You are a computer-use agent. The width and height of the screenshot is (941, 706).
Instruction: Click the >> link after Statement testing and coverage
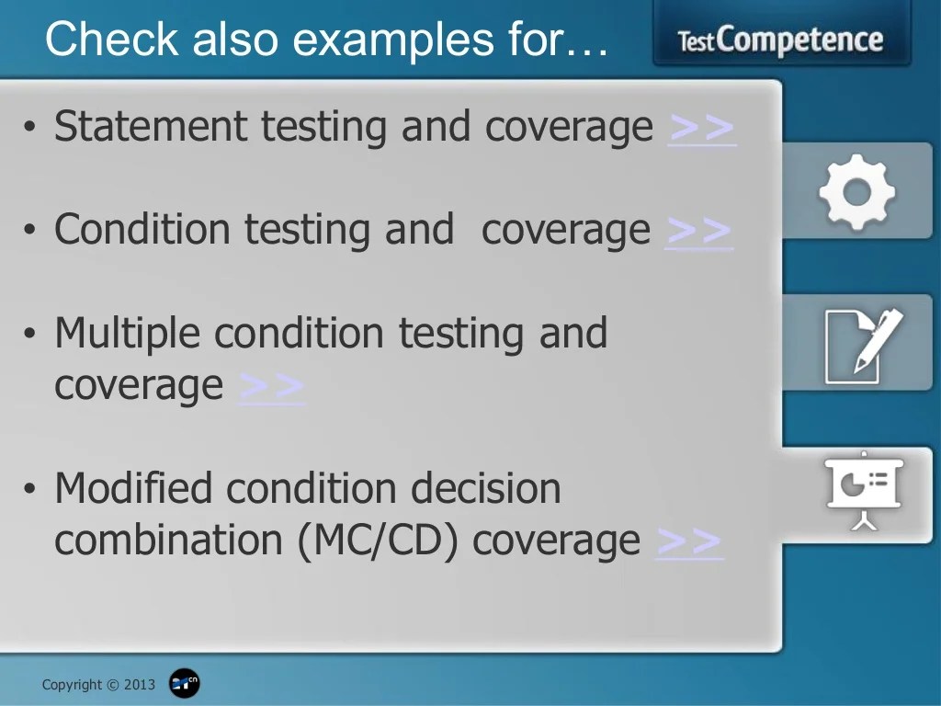(702, 128)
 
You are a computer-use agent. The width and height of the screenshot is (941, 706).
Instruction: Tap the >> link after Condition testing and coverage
(698, 230)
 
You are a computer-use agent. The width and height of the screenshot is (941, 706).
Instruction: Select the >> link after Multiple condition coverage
(271, 386)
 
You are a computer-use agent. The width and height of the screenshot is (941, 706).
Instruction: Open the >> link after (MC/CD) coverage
(689, 541)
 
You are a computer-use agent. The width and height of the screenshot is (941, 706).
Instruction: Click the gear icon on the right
(856, 191)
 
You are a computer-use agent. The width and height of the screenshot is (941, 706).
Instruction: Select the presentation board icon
(864, 490)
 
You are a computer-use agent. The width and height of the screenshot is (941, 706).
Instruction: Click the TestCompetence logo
(780, 40)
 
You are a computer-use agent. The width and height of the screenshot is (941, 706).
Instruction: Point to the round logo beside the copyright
(185, 684)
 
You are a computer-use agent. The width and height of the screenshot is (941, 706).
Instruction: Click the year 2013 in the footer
(140, 685)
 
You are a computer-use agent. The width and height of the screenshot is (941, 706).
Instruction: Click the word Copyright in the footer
(73, 685)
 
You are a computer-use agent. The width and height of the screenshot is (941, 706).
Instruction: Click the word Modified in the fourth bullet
(134, 488)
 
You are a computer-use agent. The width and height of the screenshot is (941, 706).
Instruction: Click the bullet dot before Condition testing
(30, 231)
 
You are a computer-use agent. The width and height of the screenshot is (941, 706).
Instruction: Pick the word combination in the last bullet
(169, 541)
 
